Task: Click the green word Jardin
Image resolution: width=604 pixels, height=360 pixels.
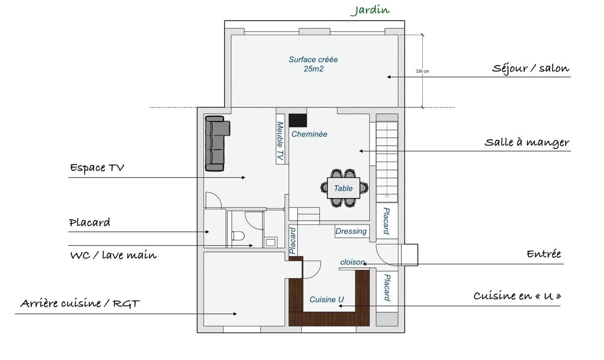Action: (370, 10)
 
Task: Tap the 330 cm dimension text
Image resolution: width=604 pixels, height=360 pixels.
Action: (422, 71)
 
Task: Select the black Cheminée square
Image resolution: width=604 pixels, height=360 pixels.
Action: (298, 121)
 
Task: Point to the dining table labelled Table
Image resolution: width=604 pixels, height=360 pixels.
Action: (343, 188)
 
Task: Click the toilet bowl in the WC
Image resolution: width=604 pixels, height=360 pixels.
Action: (238, 236)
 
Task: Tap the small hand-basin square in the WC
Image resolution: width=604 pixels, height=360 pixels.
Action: (271, 242)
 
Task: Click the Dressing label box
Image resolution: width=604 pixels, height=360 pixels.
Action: (351, 231)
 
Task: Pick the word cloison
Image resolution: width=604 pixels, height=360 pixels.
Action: (352, 262)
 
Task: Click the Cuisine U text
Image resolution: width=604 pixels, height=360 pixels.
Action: (327, 300)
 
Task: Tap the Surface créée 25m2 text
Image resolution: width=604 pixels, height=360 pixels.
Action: (313, 64)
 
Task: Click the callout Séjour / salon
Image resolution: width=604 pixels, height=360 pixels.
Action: (530, 68)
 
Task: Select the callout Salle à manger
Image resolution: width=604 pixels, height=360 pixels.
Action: (527, 142)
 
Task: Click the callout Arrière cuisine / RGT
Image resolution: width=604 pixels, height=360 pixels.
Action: (80, 303)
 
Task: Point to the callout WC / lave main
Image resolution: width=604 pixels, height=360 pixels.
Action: (113, 255)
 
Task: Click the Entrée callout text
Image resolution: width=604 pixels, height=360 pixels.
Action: (544, 254)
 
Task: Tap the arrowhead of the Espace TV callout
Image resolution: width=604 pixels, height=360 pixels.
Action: (243, 177)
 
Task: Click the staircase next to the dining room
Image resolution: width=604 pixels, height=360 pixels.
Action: (387, 160)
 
